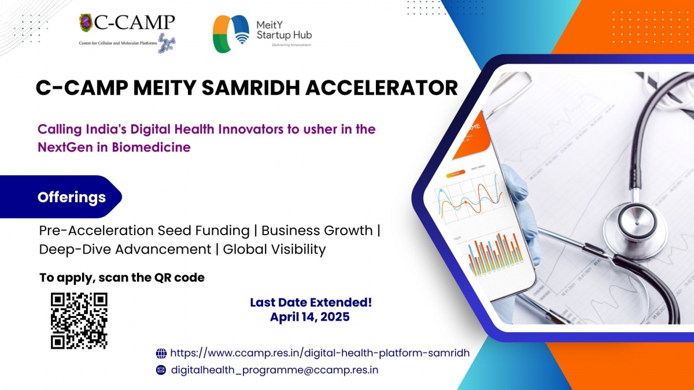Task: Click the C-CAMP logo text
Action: coord(134,23)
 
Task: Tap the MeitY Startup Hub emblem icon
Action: coord(231,34)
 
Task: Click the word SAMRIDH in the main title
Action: coord(251,88)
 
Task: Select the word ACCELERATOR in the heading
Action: coord(381,88)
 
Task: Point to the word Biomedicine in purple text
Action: coord(151,147)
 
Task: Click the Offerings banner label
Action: coord(72,197)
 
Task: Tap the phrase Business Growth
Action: coord(317,231)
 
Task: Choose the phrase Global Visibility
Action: coord(274,249)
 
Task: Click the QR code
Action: coord(79,321)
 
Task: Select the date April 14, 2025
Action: coord(310,317)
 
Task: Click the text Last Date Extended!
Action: coord(311,302)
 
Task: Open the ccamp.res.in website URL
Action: coord(320,353)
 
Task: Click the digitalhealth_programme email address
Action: coord(275,370)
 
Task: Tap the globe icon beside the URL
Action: coord(161,353)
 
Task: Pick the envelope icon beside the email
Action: coord(161,370)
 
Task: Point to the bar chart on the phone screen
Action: coord(496,254)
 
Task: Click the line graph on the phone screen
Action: coord(470,200)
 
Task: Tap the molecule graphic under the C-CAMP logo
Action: coord(167,43)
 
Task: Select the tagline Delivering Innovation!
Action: coord(291,45)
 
